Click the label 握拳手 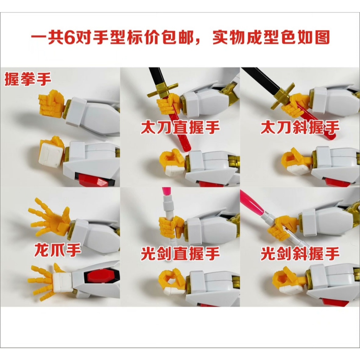28,79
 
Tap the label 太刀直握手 180,128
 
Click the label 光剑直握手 180,253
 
